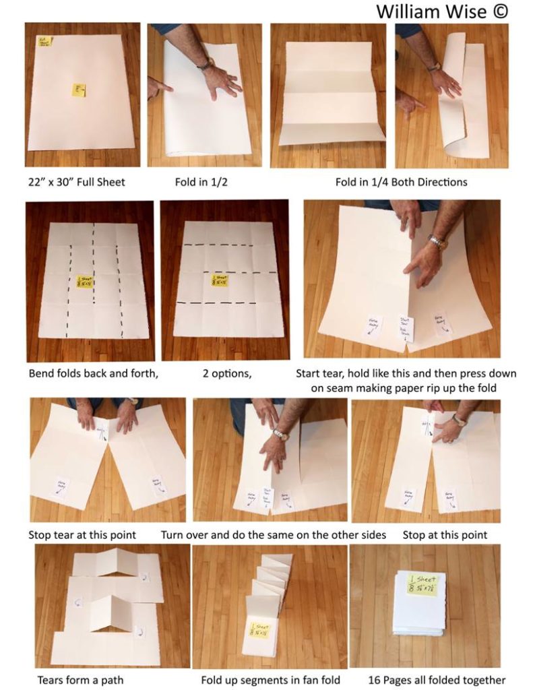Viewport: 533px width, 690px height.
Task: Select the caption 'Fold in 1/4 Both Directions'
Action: [401, 182]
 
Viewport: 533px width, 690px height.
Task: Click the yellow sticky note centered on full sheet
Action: [79, 90]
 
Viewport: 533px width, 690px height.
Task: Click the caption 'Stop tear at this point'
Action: [82, 535]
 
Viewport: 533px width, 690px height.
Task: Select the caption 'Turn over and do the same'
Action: [273, 535]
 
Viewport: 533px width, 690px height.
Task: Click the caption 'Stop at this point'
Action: [445, 535]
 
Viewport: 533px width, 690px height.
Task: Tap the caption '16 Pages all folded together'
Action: [437, 680]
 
